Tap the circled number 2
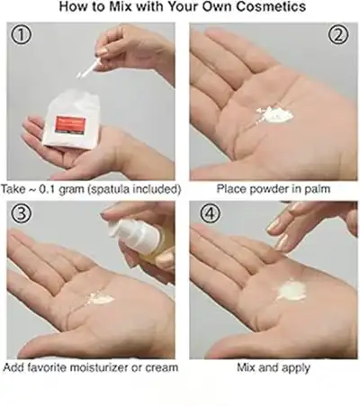point(338,36)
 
